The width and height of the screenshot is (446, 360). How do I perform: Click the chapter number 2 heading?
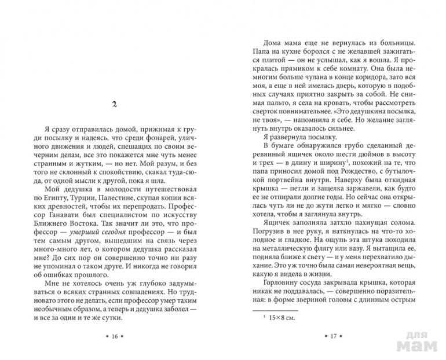(x=116, y=104)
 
